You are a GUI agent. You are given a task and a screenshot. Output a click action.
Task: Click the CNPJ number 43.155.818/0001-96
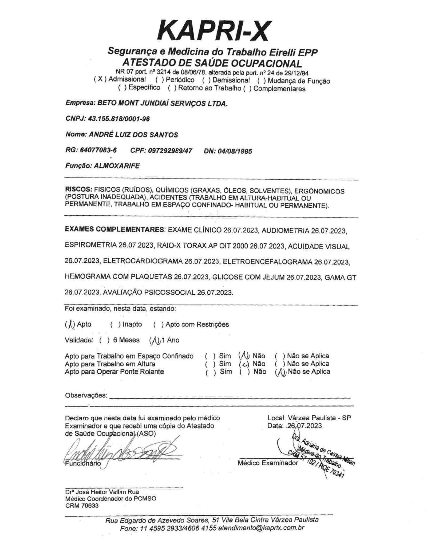click(119, 119)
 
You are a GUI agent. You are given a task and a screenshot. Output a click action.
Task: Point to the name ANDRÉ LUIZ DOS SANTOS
click(133, 135)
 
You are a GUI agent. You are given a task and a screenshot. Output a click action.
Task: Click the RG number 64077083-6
click(98, 150)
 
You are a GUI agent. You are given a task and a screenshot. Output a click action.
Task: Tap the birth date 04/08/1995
click(235, 151)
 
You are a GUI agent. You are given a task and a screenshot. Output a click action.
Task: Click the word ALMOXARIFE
click(117, 166)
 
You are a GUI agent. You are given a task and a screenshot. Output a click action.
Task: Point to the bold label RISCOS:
click(78, 189)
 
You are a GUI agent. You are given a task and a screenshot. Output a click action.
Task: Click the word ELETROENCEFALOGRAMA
click(267, 262)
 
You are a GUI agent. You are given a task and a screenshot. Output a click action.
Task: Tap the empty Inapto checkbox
click(115, 325)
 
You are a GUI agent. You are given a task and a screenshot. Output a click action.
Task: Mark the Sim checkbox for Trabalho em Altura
click(210, 364)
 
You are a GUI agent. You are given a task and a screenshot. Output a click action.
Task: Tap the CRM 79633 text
click(82, 506)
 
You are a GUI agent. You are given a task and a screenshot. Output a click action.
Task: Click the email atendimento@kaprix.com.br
click(261, 527)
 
